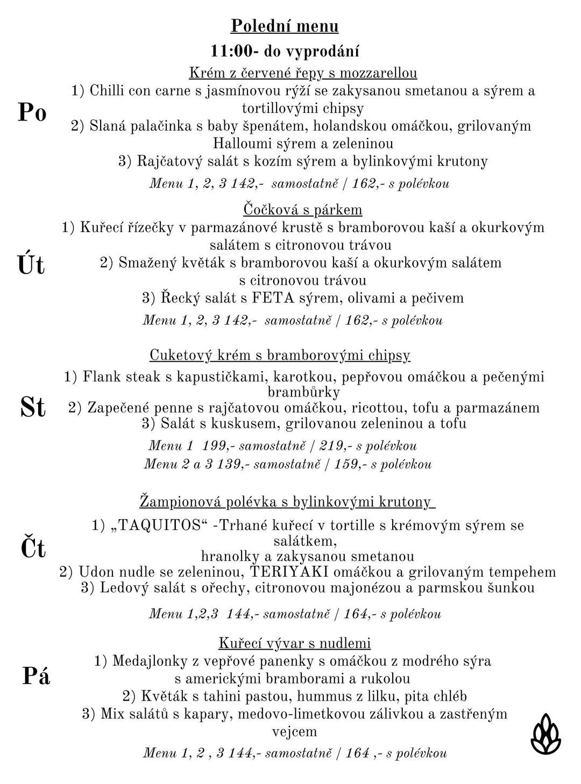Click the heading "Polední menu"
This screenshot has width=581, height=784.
click(285, 26)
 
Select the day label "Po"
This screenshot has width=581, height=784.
click(32, 112)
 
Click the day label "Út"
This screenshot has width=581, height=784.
click(31, 265)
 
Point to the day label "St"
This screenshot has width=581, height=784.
click(33, 407)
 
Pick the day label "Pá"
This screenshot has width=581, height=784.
click(36, 676)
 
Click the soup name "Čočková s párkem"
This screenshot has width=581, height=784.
click(303, 209)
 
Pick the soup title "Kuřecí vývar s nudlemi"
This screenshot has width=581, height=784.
click(295, 643)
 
